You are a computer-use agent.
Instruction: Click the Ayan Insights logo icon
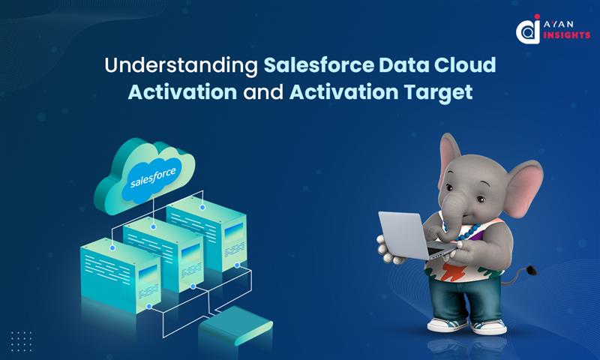(528, 31)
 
